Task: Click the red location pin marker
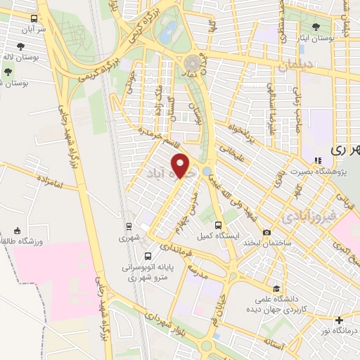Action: [181, 166]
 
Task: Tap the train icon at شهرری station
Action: [129, 226]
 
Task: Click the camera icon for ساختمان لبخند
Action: [267, 233]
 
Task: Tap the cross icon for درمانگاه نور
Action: [340, 320]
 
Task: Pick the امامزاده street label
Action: [46, 183]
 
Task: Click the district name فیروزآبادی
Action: [307, 217]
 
